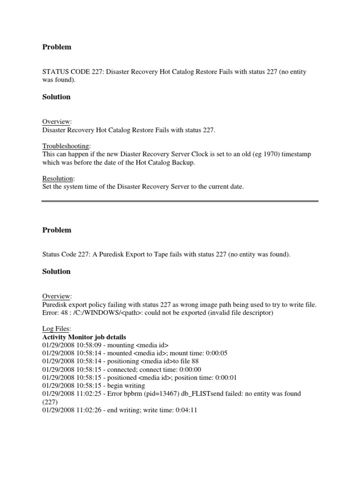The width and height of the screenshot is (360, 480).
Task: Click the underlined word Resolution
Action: click(58, 179)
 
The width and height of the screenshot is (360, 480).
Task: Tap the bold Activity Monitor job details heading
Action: click(84, 337)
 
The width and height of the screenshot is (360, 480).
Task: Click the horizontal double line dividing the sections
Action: click(180, 201)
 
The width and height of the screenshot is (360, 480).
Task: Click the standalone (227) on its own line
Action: click(50, 402)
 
